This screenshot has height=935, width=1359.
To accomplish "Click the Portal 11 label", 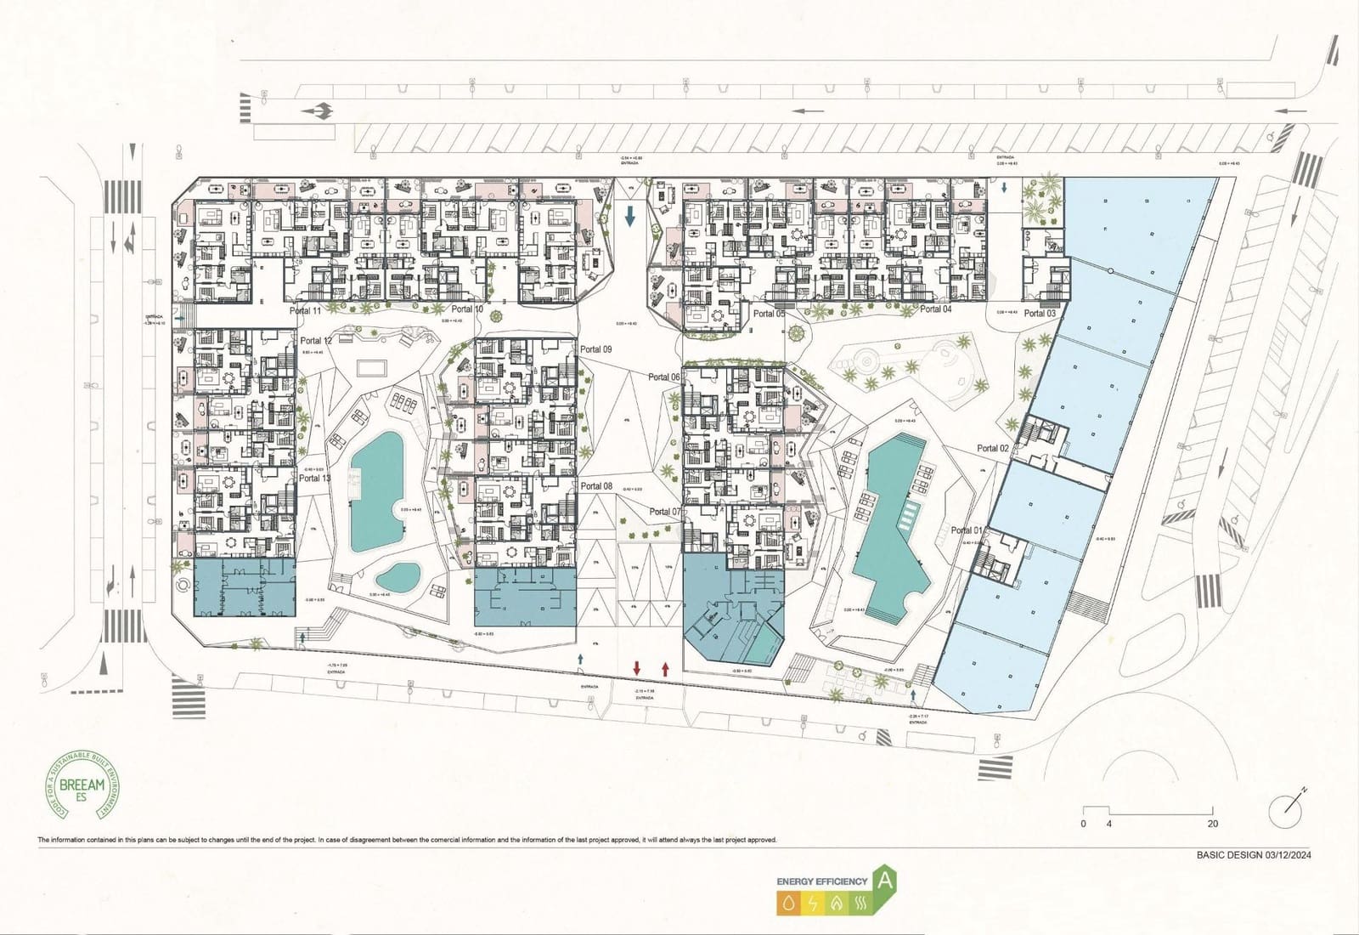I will (x=305, y=311).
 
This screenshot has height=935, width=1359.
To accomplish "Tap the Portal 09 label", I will (x=595, y=349).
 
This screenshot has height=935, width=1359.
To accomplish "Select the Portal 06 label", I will (x=664, y=377).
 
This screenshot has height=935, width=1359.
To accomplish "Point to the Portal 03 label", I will (x=1040, y=314).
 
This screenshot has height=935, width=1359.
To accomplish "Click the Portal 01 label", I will (x=967, y=530).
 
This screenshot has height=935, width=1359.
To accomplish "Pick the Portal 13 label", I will (x=315, y=479).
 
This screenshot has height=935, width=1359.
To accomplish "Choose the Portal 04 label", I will (x=936, y=309).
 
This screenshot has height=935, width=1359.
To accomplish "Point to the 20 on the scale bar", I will (x=1212, y=824).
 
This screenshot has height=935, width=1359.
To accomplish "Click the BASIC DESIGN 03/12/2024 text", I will (x=1254, y=855).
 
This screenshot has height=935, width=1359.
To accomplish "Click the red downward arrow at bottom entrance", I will (x=637, y=668).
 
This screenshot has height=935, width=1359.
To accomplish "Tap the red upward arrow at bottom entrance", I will (x=665, y=668).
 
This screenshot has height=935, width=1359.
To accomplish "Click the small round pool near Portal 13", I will (x=398, y=578).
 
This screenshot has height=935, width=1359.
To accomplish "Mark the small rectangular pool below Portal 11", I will (x=369, y=368).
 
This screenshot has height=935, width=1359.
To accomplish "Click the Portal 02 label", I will (x=993, y=448).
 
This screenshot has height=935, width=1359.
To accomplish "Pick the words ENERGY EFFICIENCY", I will (x=821, y=881).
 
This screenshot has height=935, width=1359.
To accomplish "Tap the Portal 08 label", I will (x=596, y=486).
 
